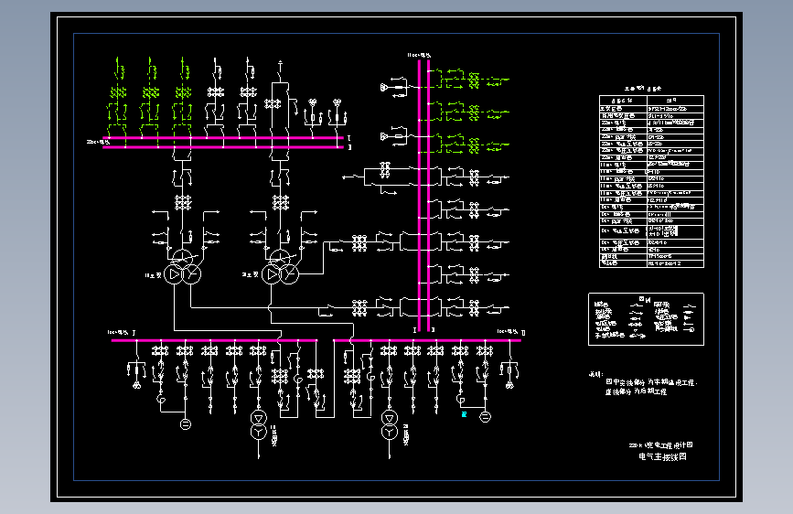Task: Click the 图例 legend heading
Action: pyautogui.click(x=645, y=298)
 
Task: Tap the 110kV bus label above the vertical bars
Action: pyautogui.click(x=418, y=56)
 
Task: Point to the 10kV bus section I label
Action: pyautogui.click(x=122, y=332)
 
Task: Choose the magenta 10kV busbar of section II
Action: pyautogui.click(x=430, y=340)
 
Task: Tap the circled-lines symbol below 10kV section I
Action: pyautogui.click(x=185, y=423)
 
